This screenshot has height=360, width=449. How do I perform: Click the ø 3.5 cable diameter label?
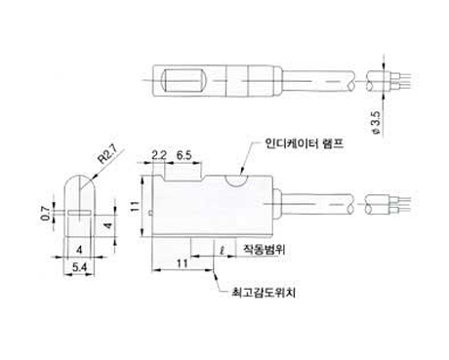point(376,123)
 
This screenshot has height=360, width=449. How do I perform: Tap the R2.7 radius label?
point(109,156)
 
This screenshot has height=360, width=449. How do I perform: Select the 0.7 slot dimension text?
point(46,214)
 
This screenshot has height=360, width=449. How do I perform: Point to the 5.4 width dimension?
point(80,267)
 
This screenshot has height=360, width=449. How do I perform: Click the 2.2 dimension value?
point(159,155)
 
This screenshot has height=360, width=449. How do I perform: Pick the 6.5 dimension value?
point(184,155)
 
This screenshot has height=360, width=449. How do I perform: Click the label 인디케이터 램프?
point(305,143)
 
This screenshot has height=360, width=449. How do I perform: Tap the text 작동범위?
point(265,250)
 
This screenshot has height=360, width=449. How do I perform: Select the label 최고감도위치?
point(264,293)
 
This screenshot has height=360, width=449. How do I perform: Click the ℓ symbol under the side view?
point(223,251)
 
